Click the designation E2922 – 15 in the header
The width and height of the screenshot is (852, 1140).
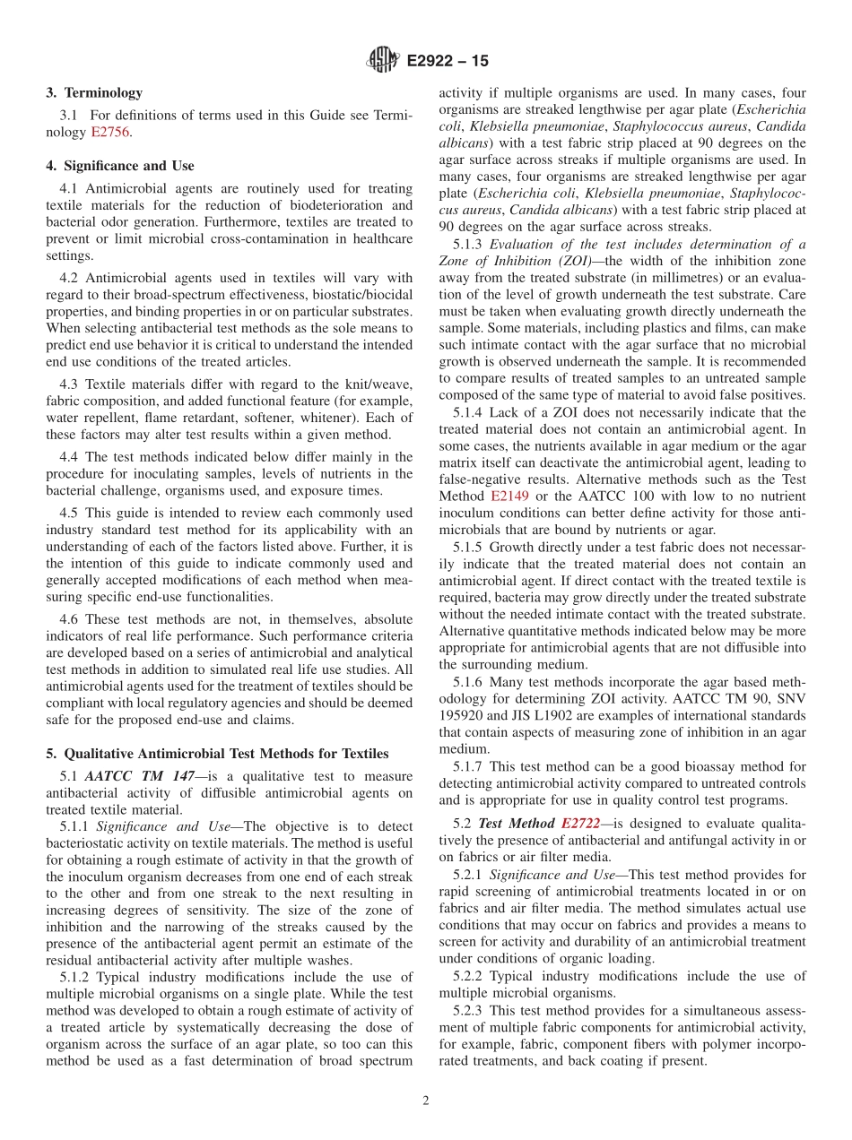(448, 62)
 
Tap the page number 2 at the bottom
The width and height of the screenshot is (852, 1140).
(425, 1101)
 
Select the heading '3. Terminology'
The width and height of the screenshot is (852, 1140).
(94, 92)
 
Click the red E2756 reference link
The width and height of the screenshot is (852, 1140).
(110, 132)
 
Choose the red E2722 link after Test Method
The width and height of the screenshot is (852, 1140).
(582, 823)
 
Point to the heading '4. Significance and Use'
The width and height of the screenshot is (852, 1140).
(119, 166)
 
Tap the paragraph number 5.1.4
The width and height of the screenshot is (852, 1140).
(467, 412)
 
